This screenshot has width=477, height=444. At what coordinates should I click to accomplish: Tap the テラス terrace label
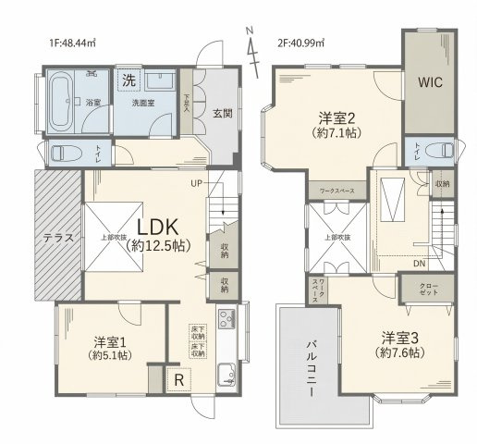[x=58, y=237]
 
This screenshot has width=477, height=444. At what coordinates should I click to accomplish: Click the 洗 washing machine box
[x=128, y=79]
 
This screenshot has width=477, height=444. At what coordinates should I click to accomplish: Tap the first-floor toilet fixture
[x=64, y=153]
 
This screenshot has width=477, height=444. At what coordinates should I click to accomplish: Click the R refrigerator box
[x=177, y=378]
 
